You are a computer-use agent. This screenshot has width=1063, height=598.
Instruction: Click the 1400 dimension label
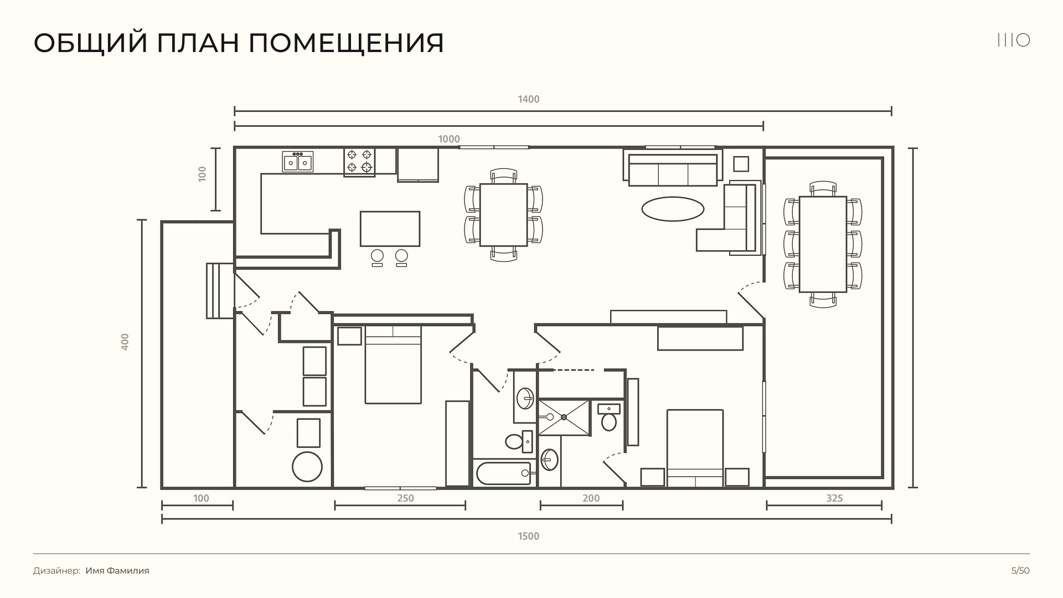[x=529, y=100]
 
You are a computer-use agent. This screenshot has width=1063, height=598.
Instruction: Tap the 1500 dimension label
[x=529, y=536]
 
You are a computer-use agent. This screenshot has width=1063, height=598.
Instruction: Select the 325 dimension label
[x=834, y=498]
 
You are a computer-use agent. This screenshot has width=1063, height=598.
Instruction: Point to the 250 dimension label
[x=406, y=498]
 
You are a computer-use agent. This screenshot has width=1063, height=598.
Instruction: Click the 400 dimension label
[x=125, y=341]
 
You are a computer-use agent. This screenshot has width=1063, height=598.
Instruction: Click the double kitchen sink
[x=298, y=162]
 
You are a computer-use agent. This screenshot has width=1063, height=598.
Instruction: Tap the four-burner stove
[x=359, y=162]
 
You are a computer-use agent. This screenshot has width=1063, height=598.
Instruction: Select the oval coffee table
[x=673, y=209]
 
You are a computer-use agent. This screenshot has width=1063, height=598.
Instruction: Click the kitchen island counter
[x=390, y=229]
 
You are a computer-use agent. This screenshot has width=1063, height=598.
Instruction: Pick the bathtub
[x=503, y=473]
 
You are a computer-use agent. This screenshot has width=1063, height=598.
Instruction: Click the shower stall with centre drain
[x=564, y=417]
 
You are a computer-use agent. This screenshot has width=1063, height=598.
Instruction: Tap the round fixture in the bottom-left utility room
[x=307, y=467]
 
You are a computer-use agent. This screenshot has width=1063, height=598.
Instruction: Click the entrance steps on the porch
[x=220, y=291]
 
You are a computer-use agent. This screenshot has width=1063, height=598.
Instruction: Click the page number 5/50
[x=1020, y=571]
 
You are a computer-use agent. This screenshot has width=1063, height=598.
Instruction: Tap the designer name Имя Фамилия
[x=117, y=571]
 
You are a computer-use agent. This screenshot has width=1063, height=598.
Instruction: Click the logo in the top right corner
[x=1014, y=40]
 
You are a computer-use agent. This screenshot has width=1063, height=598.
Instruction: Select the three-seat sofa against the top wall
[x=673, y=169]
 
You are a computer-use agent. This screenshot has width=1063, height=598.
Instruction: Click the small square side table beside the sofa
[x=741, y=164]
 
